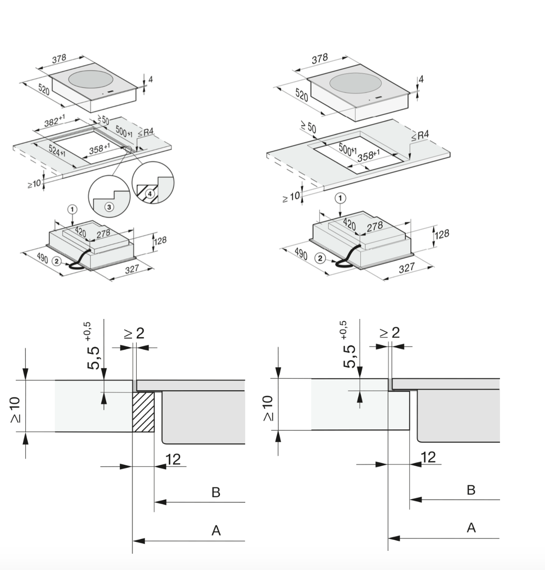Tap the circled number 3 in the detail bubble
click(109, 207)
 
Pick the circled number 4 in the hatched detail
click(150, 194)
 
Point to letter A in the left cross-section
click(216, 530)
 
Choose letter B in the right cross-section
click(471, 490)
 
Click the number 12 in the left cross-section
click(173, 460)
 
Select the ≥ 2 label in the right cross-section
click(389, 332)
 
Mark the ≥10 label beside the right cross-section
click(268, 408)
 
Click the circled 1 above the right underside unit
click(340, 198)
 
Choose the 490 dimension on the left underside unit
click(43, 259)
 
